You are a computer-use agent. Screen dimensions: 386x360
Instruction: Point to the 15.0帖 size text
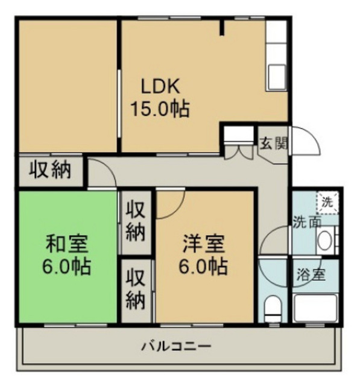160,109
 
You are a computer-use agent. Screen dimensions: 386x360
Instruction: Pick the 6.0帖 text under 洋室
204,265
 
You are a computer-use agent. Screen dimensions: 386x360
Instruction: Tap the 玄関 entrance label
273,144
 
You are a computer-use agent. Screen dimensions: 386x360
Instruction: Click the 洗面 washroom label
306,221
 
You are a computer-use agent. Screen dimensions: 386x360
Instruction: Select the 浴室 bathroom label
311,275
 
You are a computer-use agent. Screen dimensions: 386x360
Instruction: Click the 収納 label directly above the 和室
51,169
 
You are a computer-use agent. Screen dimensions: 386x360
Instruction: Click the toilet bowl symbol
273,308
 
